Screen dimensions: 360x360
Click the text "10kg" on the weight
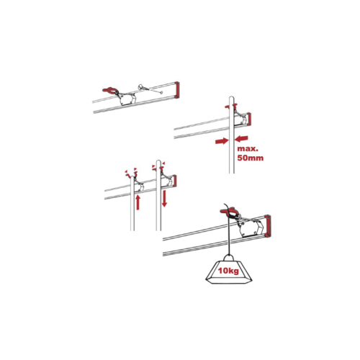pyautogui.click(x=228, y=271)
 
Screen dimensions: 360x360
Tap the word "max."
pyautogui.click(x=248, y=148)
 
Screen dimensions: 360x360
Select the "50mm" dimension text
pyautogui.click(x=250, y=158)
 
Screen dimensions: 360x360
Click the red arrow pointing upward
pyautogui.click(x=138, y=202)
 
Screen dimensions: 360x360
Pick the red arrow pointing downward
pyautogui.click(x=164, y=198)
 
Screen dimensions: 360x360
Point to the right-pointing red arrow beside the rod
pyautogui.click(x=221, y=141)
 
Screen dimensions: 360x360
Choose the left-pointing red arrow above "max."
pyautogui.click(x=241, y=139)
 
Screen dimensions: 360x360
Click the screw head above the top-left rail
pyautogui.click(x=140, y=86)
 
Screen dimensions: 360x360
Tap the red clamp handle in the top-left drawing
pyautogui.click(x=110, y=90)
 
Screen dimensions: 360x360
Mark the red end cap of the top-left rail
pyautogui.click(x=177, y=90)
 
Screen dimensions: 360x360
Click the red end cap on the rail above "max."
pyautogui.click(x=248, y=119)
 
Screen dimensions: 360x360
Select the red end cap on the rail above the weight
pyautogui.click(x=267, y=226)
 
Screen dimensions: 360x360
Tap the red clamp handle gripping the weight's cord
pyautogui.click(x=228, y=212)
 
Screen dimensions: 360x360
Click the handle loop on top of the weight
pyautogui.click(x=228, y=258)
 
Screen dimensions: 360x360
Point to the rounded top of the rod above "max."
pyautogui.click(x=231, y=98)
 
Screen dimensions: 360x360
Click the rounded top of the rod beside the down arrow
pyautogui.click(x=158, y=161)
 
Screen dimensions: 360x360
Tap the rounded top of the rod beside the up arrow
pyautogui.click(x=132, y=179)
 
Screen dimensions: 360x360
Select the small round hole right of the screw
pyautogui.click(x=161, y=92)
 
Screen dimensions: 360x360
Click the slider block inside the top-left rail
pyautogui.click(x=127, y=99)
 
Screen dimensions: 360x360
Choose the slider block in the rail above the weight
pyautogui.click(x=250, y=228)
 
